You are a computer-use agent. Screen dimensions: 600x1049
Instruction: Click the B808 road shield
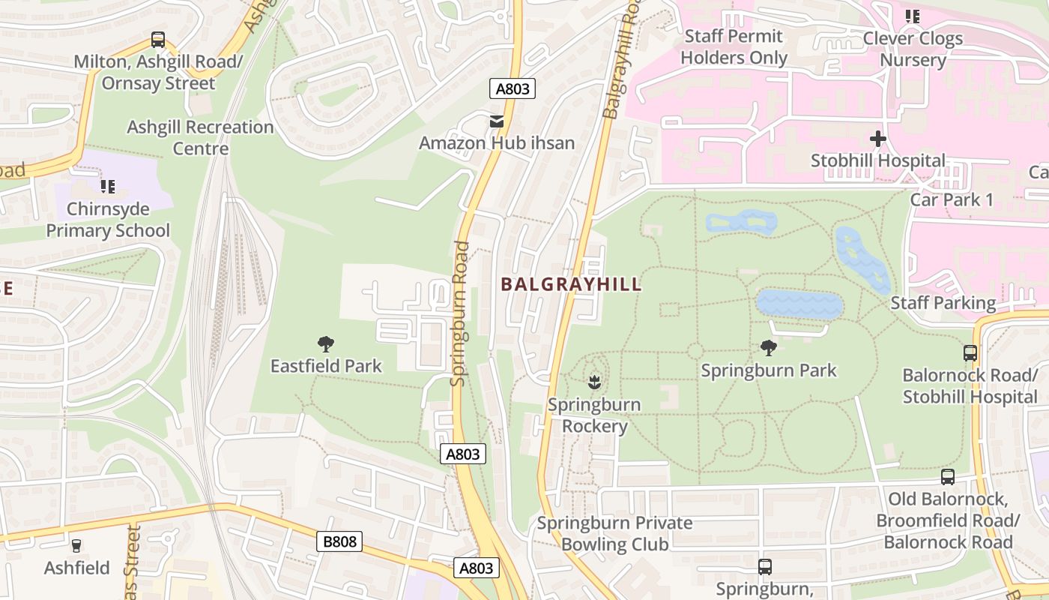coord(339,541)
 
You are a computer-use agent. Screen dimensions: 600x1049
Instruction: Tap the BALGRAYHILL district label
coord(571,284)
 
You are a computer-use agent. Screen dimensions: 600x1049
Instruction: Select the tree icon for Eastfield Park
coord(326,344)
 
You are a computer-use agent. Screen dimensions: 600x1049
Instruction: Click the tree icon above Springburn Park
coord(768,347)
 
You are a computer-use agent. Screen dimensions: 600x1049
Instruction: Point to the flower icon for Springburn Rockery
coord(594,382)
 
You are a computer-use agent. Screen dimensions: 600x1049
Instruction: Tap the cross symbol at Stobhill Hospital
coord(878,139)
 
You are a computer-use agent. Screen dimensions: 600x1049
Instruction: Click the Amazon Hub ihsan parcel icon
coord(496,121)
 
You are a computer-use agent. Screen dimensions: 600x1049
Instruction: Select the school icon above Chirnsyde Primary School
coord(108,186)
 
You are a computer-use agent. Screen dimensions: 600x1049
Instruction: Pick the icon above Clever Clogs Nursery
coord(912,16)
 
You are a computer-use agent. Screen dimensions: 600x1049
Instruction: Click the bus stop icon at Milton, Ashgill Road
coord(157,39)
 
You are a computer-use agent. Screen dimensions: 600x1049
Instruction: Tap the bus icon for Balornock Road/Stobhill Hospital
coord(970,352)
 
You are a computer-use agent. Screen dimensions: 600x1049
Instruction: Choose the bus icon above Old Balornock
coord(948,477)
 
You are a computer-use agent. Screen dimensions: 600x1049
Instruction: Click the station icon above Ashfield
coord(76,545)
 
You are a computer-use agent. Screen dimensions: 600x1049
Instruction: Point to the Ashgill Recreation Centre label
coord(200,137)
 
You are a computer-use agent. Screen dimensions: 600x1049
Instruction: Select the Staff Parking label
coord(943,303)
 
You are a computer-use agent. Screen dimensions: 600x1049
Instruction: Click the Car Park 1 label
coord(952,199)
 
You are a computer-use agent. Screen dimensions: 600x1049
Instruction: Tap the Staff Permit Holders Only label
coord(734,46)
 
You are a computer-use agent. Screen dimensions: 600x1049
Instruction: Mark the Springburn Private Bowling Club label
coord(614,533)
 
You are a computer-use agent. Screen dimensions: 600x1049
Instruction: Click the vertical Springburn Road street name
coord(460,313)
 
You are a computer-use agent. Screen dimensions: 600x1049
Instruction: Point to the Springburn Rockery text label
coord(594,415)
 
